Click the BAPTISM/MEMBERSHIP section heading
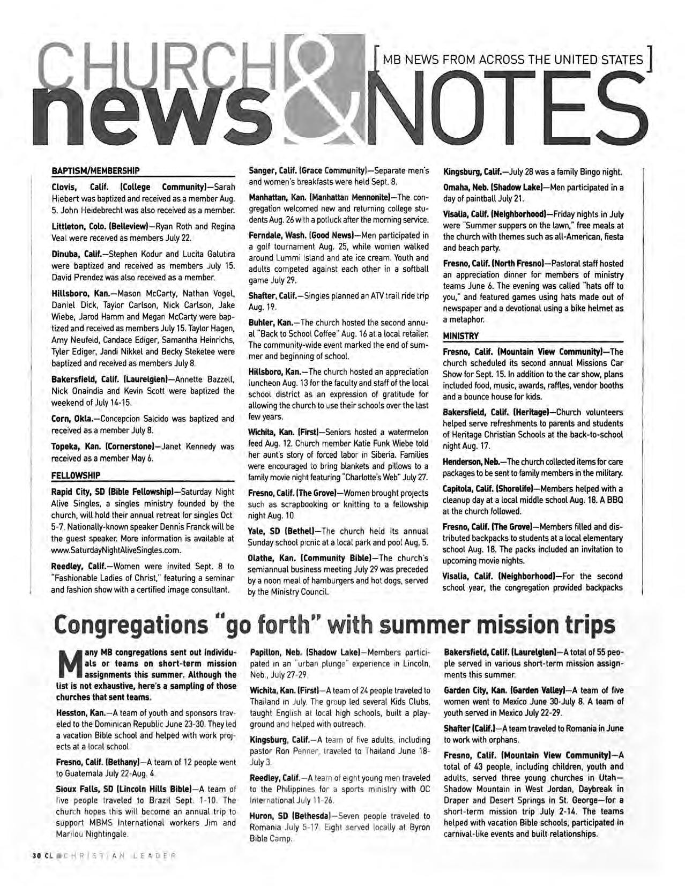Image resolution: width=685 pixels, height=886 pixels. click(95, 171)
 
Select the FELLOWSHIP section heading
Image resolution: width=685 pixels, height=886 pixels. click(75, 474)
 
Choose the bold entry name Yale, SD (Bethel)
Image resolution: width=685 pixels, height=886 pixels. click(283, 531)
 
